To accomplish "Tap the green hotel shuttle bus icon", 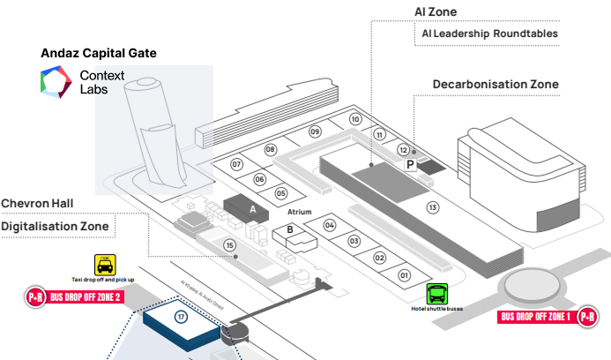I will [436, 294].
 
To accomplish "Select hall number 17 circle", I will [182, 317].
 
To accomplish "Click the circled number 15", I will [231, 244].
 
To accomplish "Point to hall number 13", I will [432, 207].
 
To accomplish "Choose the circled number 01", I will [405, 275].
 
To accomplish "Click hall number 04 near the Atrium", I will [330, 224].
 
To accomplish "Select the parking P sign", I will [410, 164].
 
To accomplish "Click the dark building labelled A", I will [253, 209].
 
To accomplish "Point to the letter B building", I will [288, 232].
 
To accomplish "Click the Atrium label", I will [300, 213].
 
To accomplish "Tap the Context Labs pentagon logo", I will [59, 82].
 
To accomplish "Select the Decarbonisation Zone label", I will [496, 84].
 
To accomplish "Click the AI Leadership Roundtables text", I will [489, 34].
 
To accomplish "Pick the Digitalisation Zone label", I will [55, 227].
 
